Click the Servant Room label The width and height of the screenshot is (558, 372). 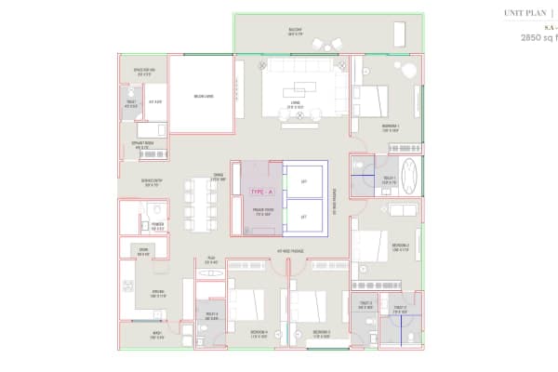(x=143, y=146)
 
